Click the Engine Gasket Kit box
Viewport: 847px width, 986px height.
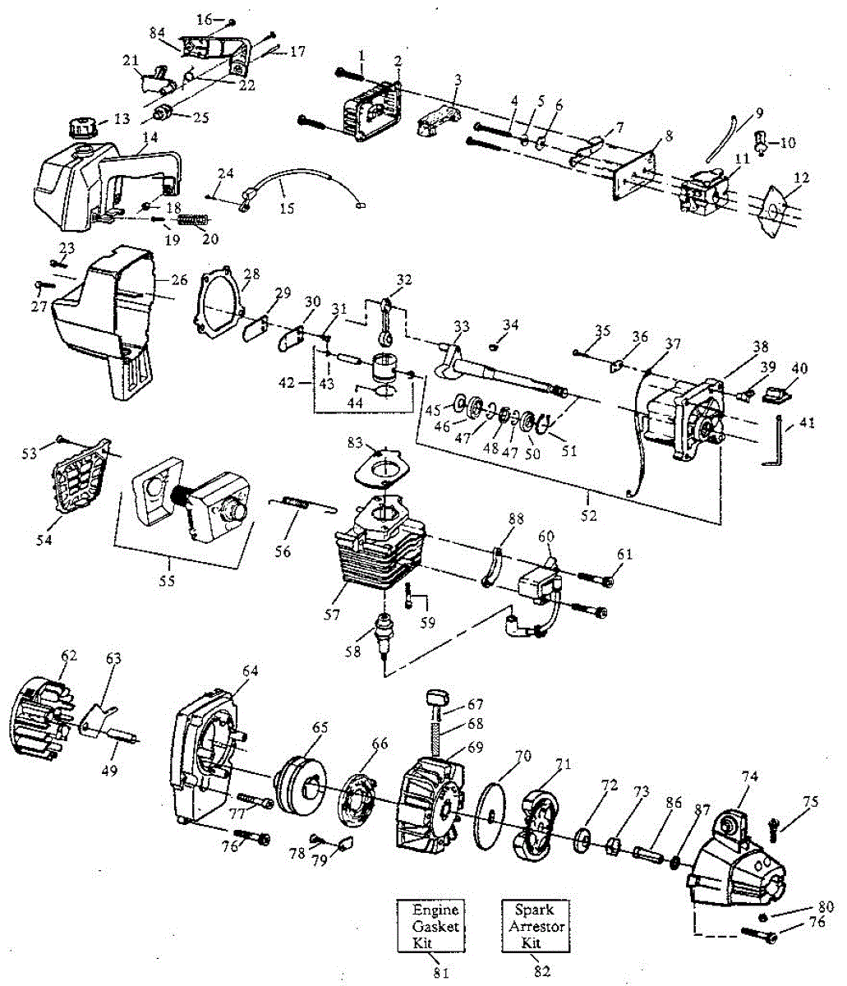pyautogui.click(x=436, y=926)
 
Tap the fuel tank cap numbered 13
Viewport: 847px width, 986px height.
pyautogui.click(x=81, y=129)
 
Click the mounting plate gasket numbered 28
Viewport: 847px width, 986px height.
pyautogui.click(x=219, y=305)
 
